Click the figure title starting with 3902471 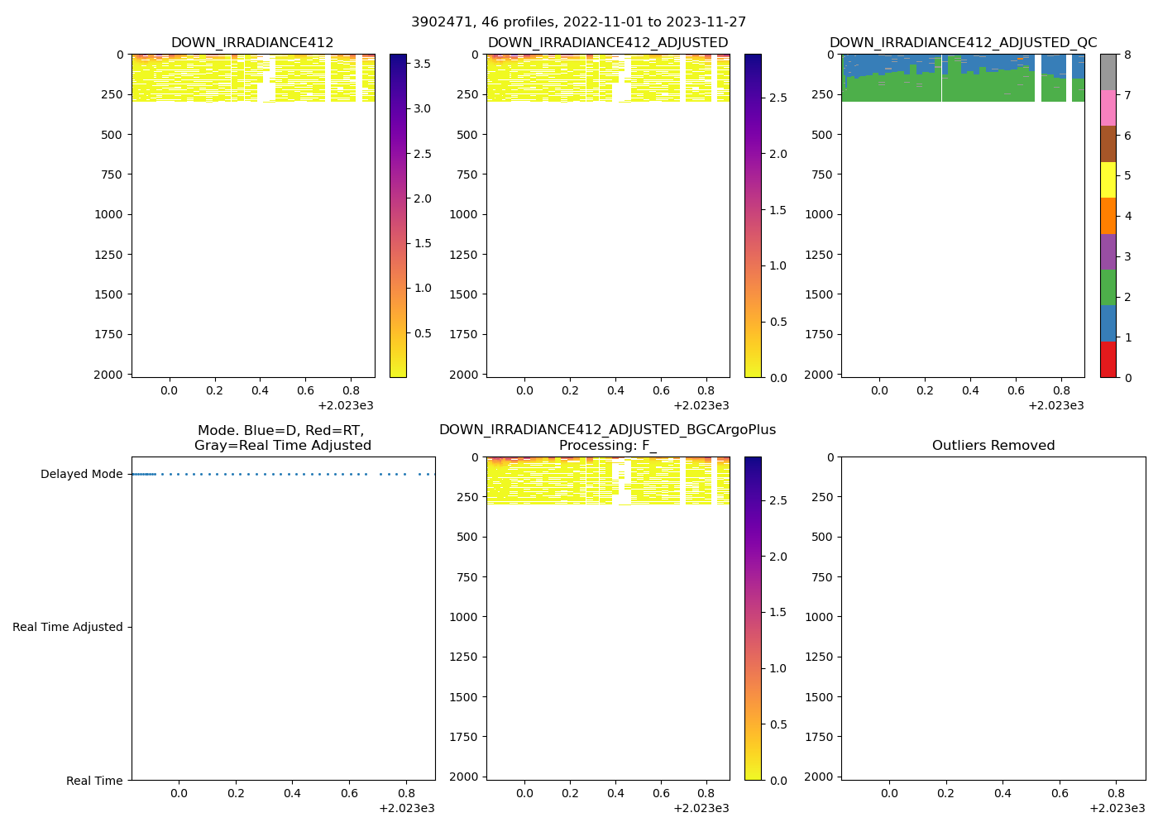click(578, 22)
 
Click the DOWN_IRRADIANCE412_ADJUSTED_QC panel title click(963, 43)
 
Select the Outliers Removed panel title click(993, 446)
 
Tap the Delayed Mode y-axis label click(81, 475)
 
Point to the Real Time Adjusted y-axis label click(67, 628)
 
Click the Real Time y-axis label click(94, 781)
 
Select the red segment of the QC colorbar click(1108, 360)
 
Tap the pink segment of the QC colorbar click(1108, 108)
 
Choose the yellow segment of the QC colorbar click(1108, 180)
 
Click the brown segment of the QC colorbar click(1108, 144)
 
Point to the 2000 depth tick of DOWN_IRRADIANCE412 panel click(108, 375)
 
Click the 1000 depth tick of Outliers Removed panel click(818, 617)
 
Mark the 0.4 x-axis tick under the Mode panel click(292, 794)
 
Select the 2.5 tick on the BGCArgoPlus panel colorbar click(778, 500)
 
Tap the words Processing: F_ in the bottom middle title click(607, 446)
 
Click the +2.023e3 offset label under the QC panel click(1055, 406)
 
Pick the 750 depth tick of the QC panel click(821, 174)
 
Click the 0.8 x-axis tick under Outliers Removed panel click(1116, 794)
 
